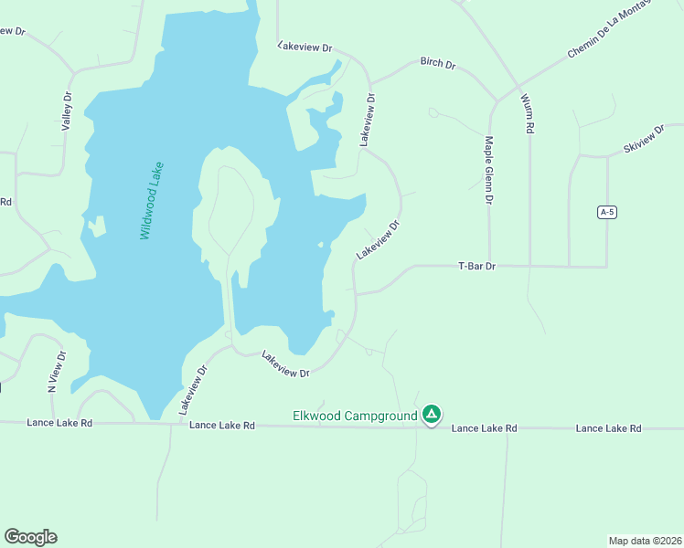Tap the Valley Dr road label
[66, 112]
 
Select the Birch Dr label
[438, 63]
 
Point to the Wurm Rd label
[527, 113]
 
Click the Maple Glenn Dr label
[489, 170]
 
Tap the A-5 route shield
[605, 212]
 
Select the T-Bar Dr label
[476, 266]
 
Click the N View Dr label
[57, 372]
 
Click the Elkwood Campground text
[355, 416]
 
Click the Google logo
[30, 537]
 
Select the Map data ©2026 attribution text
[645, 540]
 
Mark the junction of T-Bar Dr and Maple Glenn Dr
[489, 266]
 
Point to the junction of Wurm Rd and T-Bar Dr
[529, 266]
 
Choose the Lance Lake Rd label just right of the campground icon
[485, 427]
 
